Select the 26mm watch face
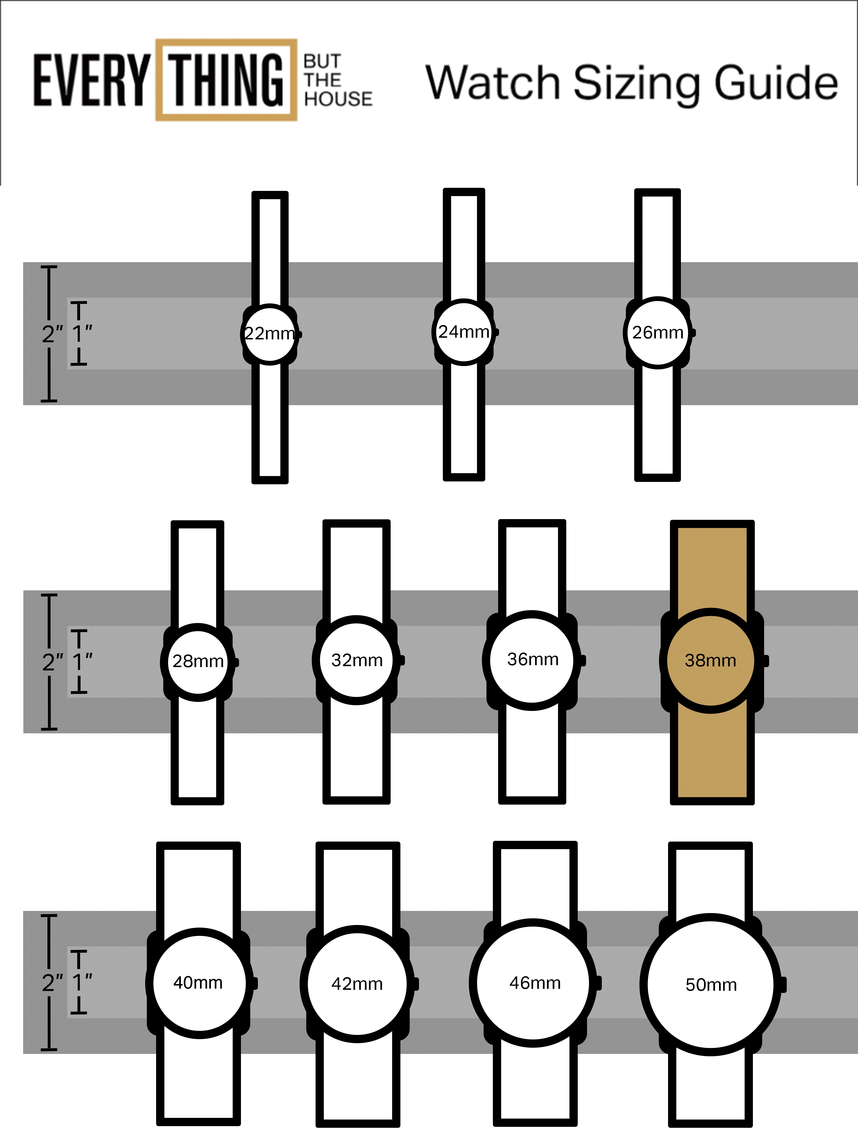point(657,332)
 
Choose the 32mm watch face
point(356,660)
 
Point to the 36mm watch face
point(532,660)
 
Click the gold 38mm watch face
point(711,660)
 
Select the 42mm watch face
point(357,983)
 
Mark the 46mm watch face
point(533,983)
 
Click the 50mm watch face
point(711,984)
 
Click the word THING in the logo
point(226,80)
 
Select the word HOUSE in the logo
point(338,99)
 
